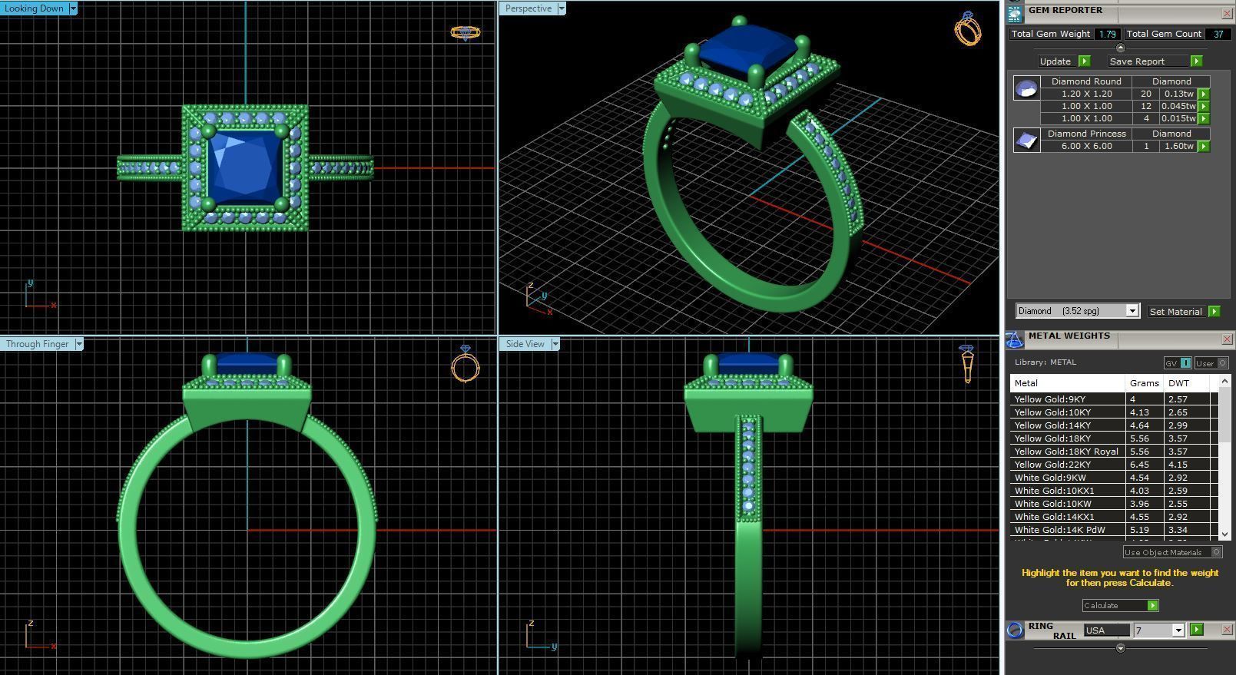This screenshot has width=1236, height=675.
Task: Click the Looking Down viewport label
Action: [x=34, y=8]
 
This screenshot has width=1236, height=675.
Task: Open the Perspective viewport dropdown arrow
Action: [x=562, y=8]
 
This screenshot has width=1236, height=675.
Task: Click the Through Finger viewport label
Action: [x=37, y=344]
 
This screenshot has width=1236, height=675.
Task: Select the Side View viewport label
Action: [x=525, y=344]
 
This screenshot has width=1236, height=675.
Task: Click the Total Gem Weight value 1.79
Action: [x=1107, y=34]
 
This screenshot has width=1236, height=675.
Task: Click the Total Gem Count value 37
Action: [x=1218, y=34]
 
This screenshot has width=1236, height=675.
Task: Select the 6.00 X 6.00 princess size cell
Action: [x=1086, y=146]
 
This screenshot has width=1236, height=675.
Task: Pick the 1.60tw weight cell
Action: [x=1178, y=146]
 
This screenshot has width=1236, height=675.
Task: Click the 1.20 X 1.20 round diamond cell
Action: [x=1086, y=94]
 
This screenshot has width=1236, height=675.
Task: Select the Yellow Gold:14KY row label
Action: [x=1052, y=425]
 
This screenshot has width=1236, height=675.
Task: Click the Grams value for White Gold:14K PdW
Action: [x=1138, y=530]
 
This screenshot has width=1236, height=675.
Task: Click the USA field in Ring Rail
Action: [x=1105, y=630]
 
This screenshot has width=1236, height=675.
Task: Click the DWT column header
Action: [x=1178, y=383]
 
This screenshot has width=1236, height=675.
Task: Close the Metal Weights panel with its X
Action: [x=1227, y=339]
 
